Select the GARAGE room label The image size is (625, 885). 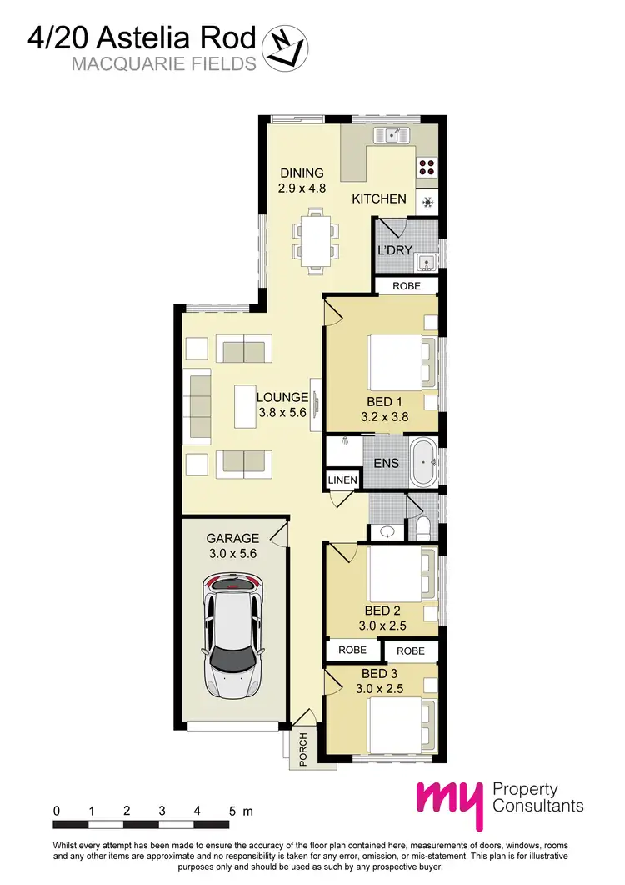(233, 538)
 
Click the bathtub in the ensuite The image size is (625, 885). (425, 463)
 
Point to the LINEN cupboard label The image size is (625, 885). (342, 480)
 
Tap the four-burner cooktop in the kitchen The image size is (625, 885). (427, 165)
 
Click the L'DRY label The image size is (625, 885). (396, 249)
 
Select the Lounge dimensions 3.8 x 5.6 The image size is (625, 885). (282, 412)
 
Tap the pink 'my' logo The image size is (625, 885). (451, 805)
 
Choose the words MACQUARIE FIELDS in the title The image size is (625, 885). (163, 64)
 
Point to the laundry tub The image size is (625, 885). (427, 262)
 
